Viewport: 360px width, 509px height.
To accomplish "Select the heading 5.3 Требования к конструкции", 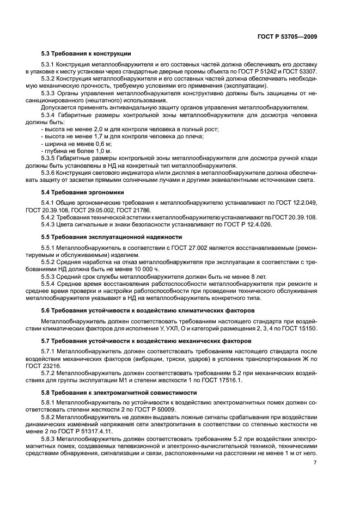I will click(86, 53).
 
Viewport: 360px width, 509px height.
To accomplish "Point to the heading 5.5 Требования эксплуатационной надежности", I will click(108, 237).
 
